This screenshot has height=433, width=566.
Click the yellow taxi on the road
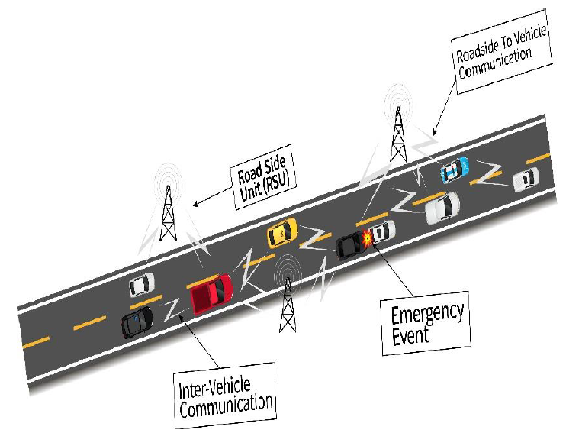click(282, 233)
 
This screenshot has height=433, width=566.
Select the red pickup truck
click(211, 293)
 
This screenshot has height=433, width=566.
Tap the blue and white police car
click(455, 169)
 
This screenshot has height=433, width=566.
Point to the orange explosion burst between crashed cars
click(368, 238)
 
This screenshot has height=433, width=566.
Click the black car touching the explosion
click(350, 246)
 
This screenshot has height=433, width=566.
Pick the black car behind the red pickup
click(137, 322)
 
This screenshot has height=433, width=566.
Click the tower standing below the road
click(288, 305)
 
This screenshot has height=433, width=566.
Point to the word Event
click(410, 336)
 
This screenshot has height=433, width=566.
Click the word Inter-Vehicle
click(215, 388)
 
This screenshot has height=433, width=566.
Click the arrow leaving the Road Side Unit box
click(213, 197)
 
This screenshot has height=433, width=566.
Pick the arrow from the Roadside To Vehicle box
click(444, 108)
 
